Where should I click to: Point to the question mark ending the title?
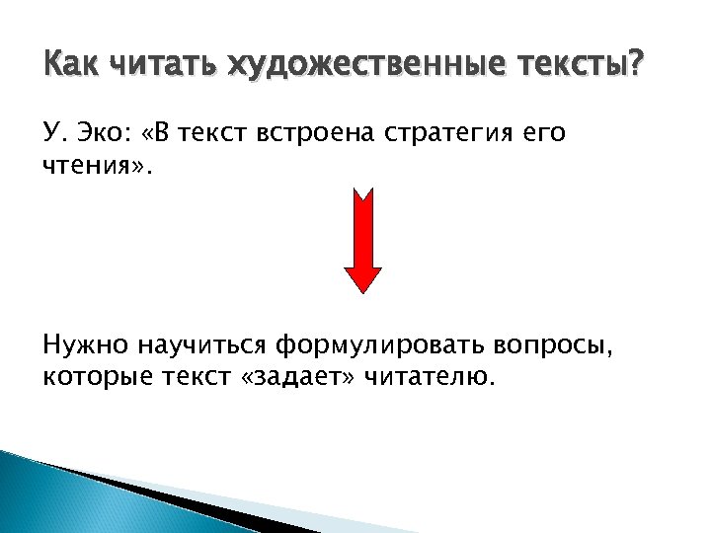coord(634,66)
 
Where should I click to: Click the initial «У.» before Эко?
coord(55,134)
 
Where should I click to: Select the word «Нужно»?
coord(86,345)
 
